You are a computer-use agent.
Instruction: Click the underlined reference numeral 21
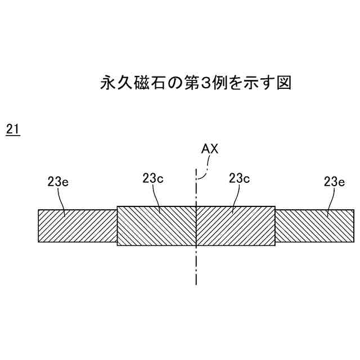(x=13, y=129)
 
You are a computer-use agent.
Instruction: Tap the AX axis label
(x=210, y=149)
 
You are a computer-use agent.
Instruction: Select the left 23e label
(x=58, y=181)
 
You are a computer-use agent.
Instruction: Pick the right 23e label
(x=335, y=181)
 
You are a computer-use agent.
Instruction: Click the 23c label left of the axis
(x=153, y=178)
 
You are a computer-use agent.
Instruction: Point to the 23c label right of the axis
(x=240, y=178)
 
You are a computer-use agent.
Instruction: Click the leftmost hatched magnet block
(x=78, y=226)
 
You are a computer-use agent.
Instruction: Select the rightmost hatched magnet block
(x=314, y=226)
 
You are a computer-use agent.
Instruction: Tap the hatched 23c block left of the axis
(x=156, y=226)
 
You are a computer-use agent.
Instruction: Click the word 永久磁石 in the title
(x=134, y=83)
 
